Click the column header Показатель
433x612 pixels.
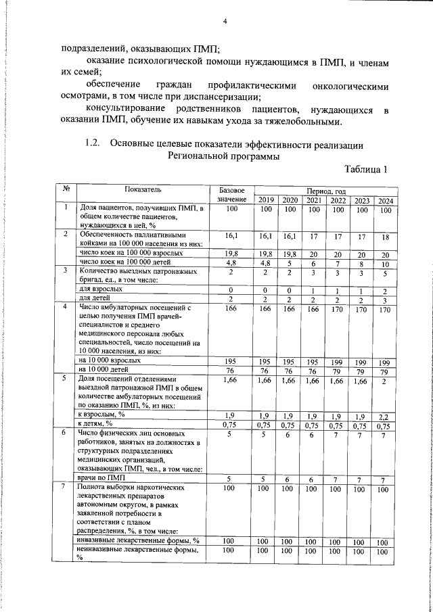coord(143,189)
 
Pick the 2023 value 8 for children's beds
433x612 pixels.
coord(362,264)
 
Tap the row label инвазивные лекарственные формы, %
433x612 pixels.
coord(138,541)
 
